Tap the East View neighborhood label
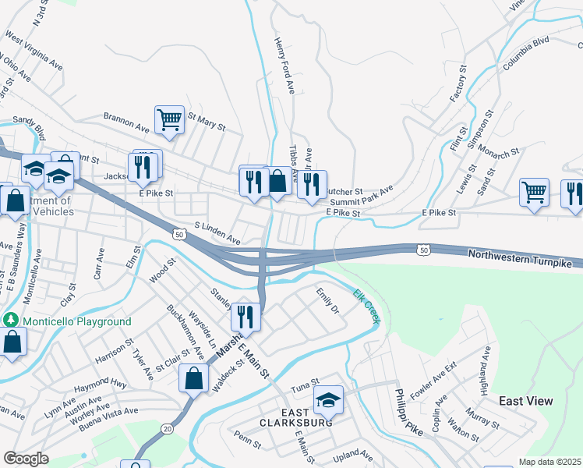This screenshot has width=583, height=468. point(526,401)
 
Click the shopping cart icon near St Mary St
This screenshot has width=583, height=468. point(169,120)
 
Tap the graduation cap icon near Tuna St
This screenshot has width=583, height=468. point(328,401)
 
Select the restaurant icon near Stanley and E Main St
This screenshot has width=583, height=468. point(246,317)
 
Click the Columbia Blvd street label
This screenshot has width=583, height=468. point(526,54)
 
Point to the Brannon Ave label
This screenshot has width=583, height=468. point(125,122)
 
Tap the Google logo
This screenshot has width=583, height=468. point(26,459)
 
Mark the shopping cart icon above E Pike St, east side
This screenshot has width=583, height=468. point(534,192)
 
